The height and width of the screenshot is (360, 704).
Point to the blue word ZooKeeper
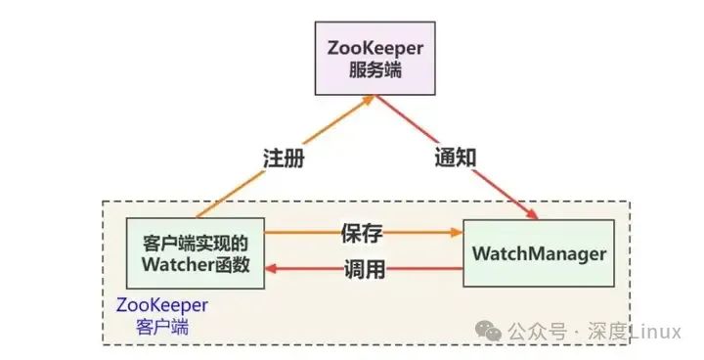pyautogui.click(x=161, y=305)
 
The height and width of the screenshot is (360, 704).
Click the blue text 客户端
pyautogui.click(x=161, y=327)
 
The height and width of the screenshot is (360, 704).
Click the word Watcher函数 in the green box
pyautogui.click(x=197, y=265)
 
